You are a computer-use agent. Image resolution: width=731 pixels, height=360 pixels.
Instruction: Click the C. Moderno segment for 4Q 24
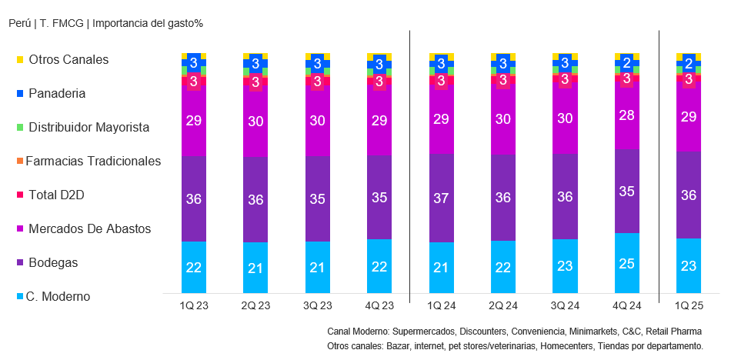626,263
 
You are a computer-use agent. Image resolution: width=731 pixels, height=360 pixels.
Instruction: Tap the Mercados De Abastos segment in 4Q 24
626,115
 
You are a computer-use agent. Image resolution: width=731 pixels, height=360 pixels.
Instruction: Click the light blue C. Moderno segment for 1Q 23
193,267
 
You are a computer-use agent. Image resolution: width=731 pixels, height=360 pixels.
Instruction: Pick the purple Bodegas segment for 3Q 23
317,198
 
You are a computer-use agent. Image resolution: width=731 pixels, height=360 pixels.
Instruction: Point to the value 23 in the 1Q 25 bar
689,266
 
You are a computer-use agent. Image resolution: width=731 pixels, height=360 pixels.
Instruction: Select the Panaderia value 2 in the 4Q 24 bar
626,63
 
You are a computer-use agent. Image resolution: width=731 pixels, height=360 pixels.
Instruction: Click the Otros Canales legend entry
68,59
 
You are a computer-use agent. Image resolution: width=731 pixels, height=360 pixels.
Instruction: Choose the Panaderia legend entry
56,93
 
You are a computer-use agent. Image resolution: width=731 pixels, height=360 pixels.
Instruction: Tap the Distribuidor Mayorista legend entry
88,127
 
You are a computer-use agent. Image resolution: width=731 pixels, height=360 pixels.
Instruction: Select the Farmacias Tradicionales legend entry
92,161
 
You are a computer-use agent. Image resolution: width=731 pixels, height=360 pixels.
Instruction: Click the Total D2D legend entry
55,195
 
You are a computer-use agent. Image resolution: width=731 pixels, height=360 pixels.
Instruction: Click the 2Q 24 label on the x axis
502,306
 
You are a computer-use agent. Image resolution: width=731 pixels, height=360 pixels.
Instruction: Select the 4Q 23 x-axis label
379,306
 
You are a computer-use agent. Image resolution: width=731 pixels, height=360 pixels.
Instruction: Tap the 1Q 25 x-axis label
688,306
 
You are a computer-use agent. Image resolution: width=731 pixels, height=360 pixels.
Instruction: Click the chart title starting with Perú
105,23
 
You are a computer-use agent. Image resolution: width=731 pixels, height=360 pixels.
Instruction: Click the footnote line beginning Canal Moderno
514,331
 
